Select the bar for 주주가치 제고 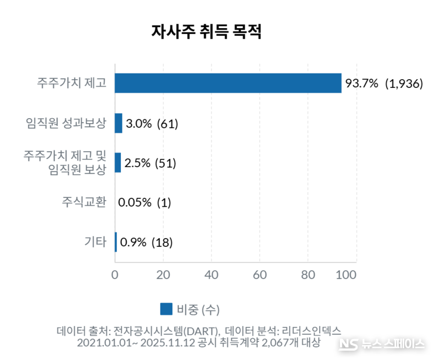(228, 83)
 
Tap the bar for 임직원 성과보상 (119, 123)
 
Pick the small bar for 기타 (116, 242)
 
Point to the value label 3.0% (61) (152, 124)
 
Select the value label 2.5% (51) (150, 163)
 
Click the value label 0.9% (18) (146, 242)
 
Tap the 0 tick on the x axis (115, 274)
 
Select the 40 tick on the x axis (211, 274)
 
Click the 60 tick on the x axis (260, 274)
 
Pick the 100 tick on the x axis (347, 274)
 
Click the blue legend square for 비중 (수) (166, 309)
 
